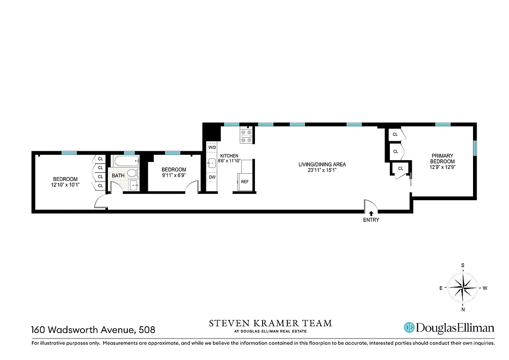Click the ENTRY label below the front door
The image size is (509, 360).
(x=371, y=220)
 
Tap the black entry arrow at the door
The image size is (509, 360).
(x=371, y=214)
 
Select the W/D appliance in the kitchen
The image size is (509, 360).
(x=212, y=147)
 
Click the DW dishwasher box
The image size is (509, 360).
(x=212, y=177)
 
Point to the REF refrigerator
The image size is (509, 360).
(x=245, y=182)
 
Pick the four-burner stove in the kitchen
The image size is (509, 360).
(x=246, y=136)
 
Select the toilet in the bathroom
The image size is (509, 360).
(x=132, y=173)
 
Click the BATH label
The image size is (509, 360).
(x=118, y=175)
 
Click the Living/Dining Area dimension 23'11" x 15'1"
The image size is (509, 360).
(x=322, y=170)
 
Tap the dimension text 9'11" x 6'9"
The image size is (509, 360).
(x=174, y=175)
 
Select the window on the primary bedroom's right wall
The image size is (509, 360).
(x=474, y=148)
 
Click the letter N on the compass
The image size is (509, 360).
(x=463, y=310)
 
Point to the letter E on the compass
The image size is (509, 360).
(x=441, y=288)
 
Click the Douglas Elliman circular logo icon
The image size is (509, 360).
(x=409, y=328)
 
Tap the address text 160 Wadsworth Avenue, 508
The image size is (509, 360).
(x=93, y=330)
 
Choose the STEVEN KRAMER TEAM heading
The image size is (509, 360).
(x=270, y=323)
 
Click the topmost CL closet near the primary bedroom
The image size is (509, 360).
(x=395, y=135)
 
